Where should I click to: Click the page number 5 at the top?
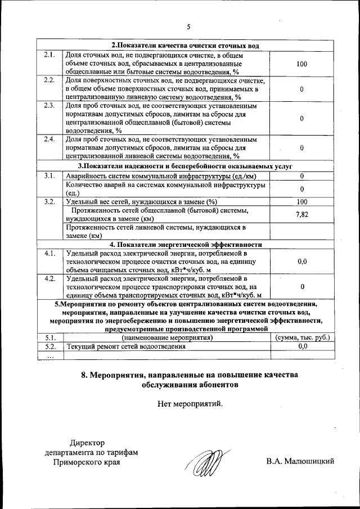click(189, 26)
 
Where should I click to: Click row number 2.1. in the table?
click(48, 55)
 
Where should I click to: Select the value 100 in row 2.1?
click(301, 64)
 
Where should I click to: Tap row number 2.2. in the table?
click(48, 80)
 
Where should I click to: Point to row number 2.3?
click(48, 106)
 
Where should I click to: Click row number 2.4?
click(48, 139)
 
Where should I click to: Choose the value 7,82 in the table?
click(301, 215)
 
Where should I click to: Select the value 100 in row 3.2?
click(301, 202)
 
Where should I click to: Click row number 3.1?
click(48, 176)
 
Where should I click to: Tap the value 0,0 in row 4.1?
click(301, 262)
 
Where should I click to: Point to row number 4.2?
click(48, 278)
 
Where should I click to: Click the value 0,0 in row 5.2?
click(302, 346)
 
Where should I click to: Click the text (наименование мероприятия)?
click(166, 337)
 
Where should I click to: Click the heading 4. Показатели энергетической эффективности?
click(186, 245)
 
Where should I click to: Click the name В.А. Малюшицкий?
click(301, 462)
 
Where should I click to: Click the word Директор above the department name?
click(87, 443)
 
